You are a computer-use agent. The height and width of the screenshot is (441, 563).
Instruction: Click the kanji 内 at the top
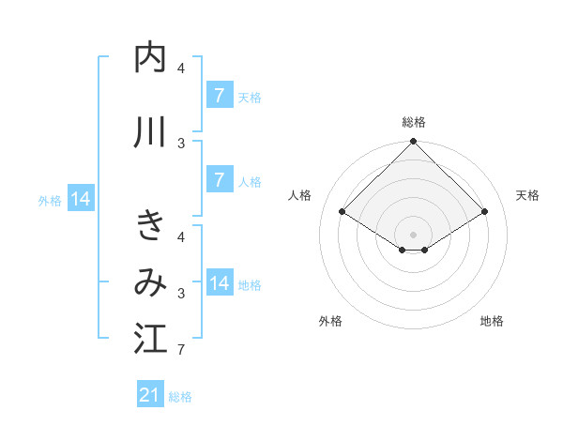tap(150, 58)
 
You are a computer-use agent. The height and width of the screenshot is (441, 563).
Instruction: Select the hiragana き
tap(150, 226)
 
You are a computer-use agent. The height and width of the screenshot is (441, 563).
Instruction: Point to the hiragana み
tap(150, 281)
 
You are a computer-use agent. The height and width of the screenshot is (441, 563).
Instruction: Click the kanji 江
tap(150, 339)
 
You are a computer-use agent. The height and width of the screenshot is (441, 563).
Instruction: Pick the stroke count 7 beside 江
tap(180, 351)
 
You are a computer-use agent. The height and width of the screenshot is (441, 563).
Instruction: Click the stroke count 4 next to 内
tap(180, 68)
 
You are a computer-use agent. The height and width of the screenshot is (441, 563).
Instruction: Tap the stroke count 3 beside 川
tap(180, 144)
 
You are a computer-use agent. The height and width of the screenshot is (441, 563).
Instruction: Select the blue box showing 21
tap(149, 395)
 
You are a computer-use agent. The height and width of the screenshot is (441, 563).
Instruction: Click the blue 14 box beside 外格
tap(80, 199)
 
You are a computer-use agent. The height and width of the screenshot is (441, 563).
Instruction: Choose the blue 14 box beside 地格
tap(220, 283)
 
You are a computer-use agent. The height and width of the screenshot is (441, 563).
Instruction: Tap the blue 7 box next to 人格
tap(219, 180)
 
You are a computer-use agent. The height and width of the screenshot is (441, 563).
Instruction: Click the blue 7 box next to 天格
tap(219, 96)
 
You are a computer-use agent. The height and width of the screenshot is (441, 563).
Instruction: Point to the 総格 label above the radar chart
tap(413, 122)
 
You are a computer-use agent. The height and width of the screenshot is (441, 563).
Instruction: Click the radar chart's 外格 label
tap(330, 321)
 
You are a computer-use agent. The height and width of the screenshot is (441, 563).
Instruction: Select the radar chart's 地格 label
tap(492, 321)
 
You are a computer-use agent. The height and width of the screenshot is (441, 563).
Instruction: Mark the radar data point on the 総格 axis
tap(413, 142)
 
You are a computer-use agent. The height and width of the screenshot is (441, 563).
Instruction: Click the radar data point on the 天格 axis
tap(485, 212)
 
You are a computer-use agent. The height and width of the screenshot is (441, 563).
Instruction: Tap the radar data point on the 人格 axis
tap(342, 212)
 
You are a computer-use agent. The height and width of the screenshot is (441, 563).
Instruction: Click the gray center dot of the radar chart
tap(413, 234)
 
